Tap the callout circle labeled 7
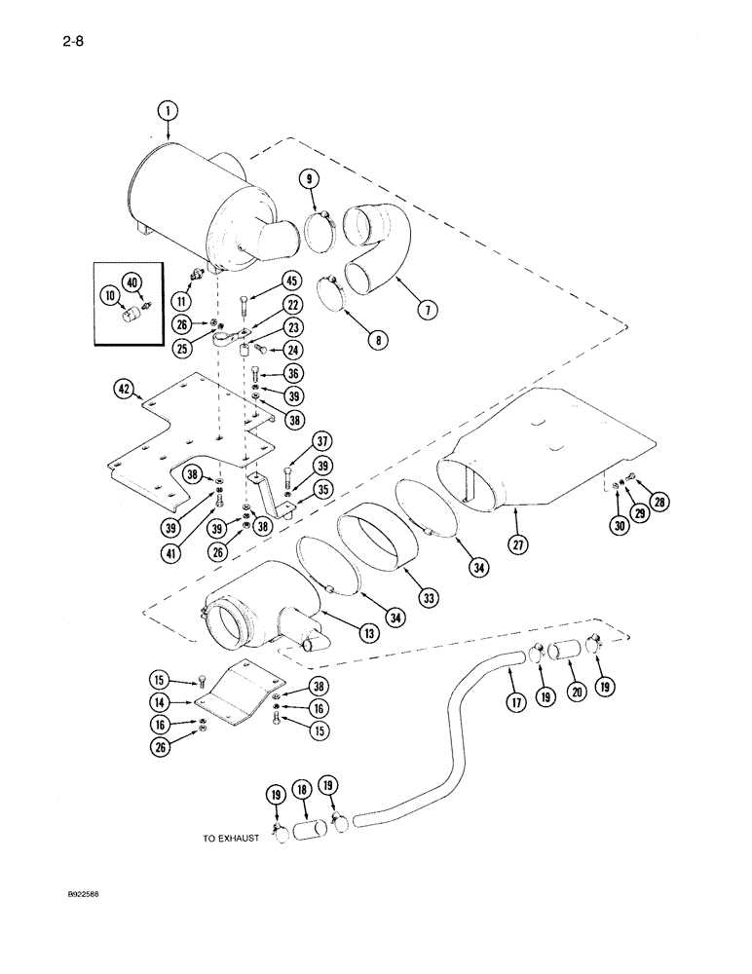[426, 309]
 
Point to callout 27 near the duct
[518, 544]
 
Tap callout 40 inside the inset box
[133, 283]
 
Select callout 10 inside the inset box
[108, 295]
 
